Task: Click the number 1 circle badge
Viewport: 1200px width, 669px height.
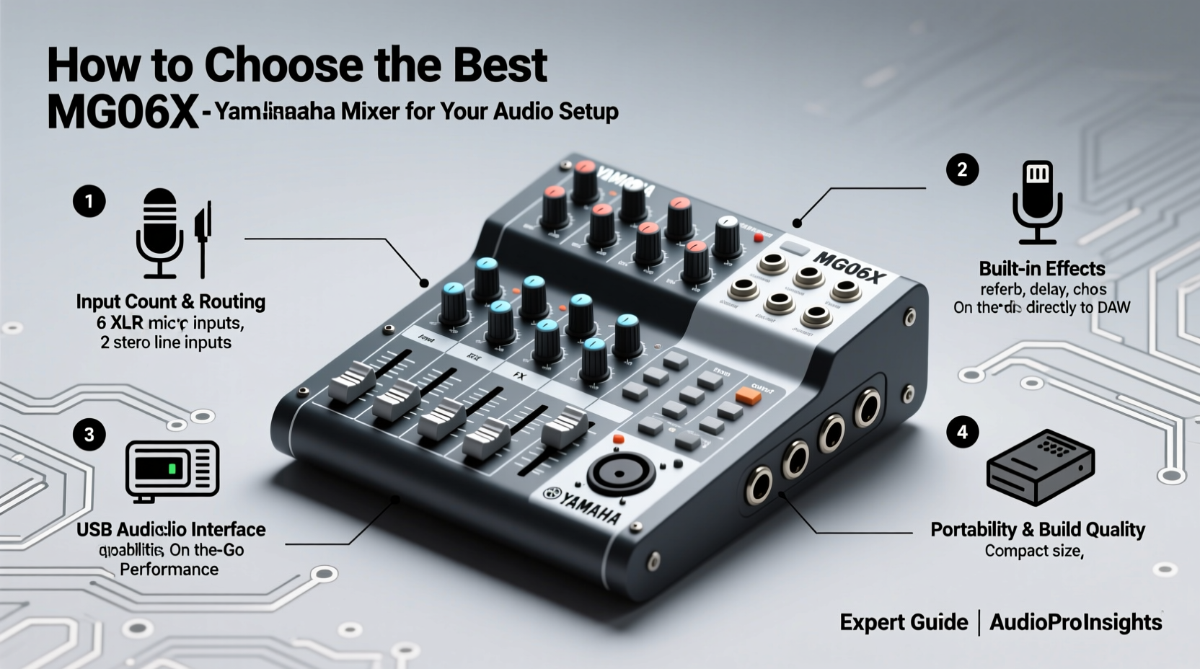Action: [x=89, y=201]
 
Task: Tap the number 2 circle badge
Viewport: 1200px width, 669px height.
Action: [x=962, y=170]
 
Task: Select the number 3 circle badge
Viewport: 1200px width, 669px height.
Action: [x=89, y=435]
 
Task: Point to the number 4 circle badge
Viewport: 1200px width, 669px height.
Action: [x=962, y=433]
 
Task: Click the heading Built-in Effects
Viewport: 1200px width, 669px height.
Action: [x=1041, y=269]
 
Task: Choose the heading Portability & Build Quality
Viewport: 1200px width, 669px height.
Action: [x=1037, y=530]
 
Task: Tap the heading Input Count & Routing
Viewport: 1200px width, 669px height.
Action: [x=171, y=301]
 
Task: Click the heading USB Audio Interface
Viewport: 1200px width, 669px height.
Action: [x=171, y=530]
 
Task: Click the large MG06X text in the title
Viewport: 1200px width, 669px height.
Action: [x=123, y=113]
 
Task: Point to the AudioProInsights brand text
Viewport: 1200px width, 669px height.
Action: [x=1075, y=622]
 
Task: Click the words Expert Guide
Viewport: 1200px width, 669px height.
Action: [x=904, y=622]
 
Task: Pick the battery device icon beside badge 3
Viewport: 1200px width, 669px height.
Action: [x=172, y=469]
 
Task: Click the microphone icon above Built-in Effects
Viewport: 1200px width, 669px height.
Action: [x=1037, y=202]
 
